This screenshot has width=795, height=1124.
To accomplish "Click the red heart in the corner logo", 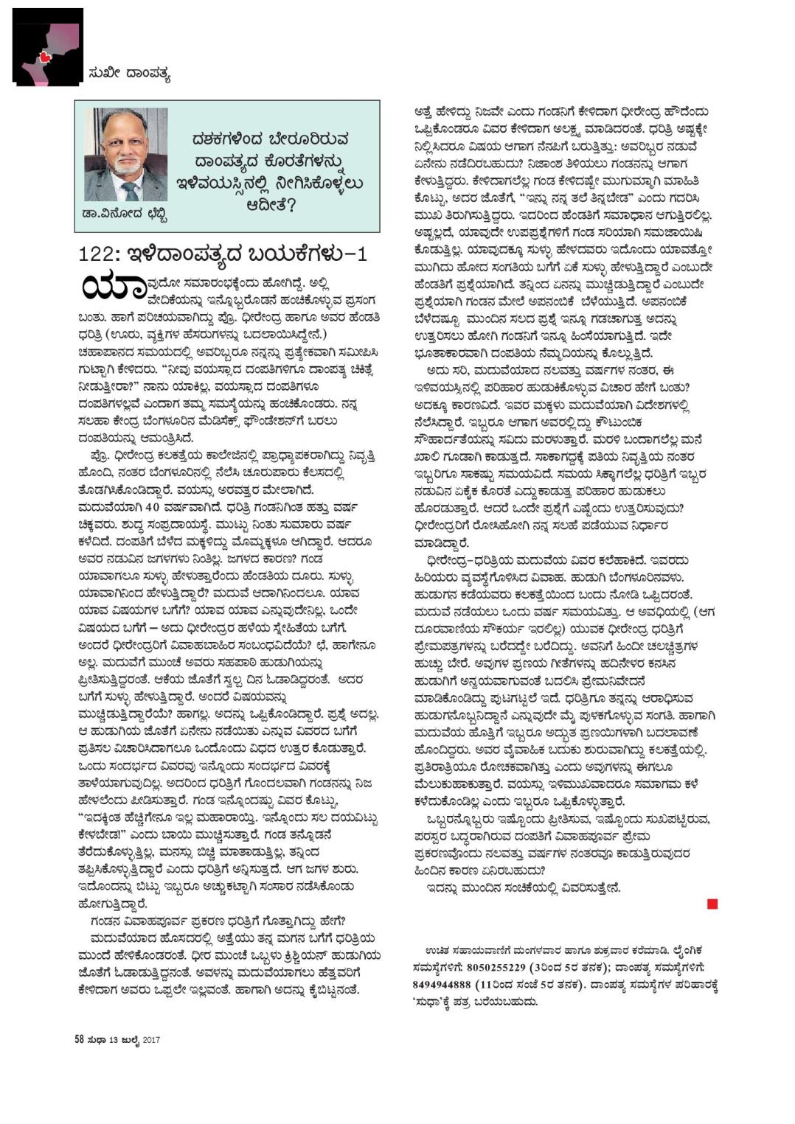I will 44,56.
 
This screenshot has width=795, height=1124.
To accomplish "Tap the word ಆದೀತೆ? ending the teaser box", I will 271,203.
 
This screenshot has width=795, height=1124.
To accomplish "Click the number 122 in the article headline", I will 99,255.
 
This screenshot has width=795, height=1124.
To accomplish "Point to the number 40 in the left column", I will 153,506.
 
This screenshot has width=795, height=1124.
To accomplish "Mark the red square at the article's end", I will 712,904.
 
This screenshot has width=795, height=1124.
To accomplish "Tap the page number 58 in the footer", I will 78,1040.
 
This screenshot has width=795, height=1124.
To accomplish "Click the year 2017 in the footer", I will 151,1041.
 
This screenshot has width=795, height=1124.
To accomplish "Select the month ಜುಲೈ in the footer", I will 130,1041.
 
